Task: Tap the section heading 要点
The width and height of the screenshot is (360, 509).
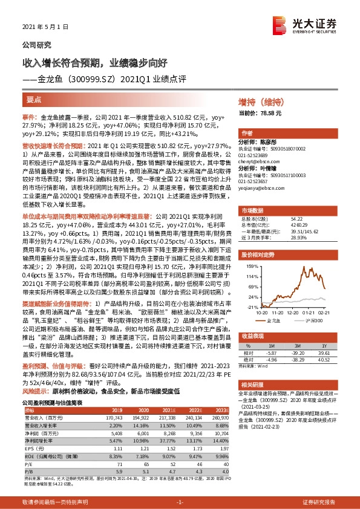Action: (x=33, y=100)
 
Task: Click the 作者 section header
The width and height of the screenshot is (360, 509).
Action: (x=246, y=133)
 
